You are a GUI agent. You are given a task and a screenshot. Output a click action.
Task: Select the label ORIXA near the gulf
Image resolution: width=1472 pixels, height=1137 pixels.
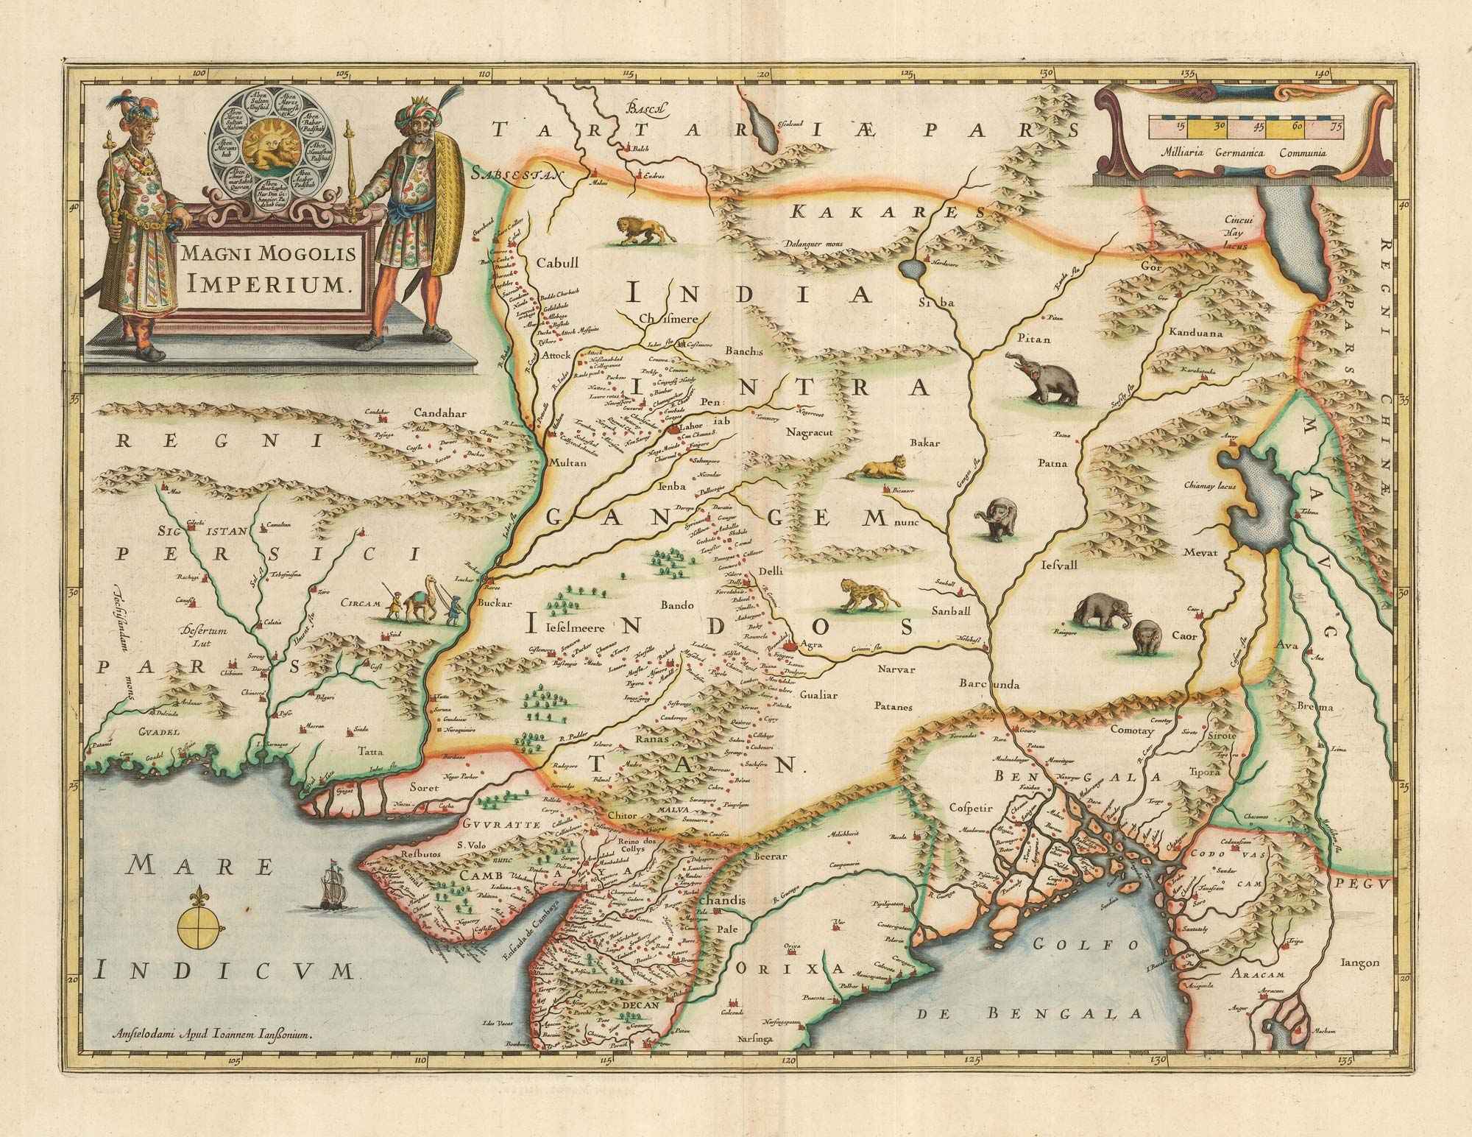788,966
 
